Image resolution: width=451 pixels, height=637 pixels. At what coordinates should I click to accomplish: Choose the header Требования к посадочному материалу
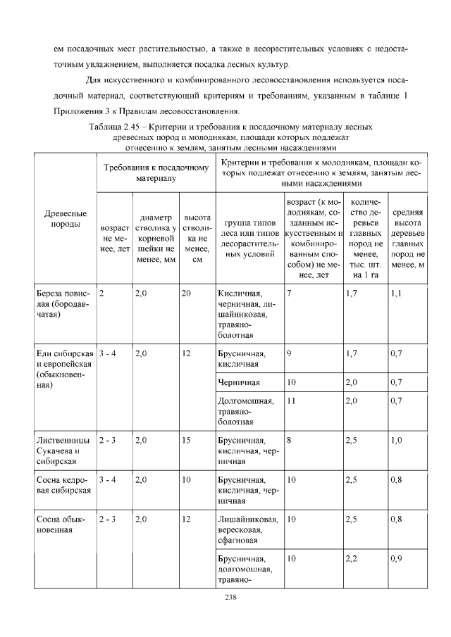[x=156, y=173]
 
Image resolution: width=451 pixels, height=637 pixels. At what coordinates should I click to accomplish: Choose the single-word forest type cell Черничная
[x=240, y=382]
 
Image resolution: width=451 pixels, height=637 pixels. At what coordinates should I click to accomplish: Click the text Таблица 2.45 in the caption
[x=120, y=125]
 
